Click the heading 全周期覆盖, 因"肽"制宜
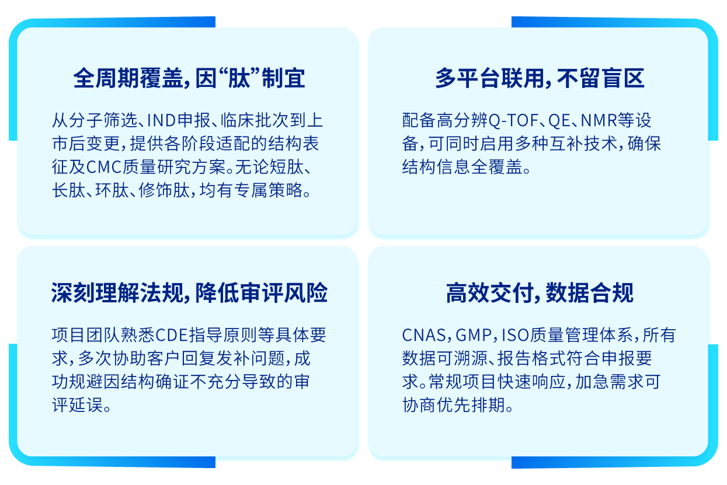point(189,78)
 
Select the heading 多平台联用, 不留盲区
point(540,78)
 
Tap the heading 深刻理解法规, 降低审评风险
point(189,292)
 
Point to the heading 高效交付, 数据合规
point(540,292)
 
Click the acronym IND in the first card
point(162,120)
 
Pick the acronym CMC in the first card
point(104,168)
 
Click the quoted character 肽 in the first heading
point(239,78)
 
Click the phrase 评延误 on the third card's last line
point(78,405)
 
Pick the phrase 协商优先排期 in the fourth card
point(454,405)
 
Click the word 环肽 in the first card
point(112,190)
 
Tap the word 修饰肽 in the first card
point(164,190)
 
